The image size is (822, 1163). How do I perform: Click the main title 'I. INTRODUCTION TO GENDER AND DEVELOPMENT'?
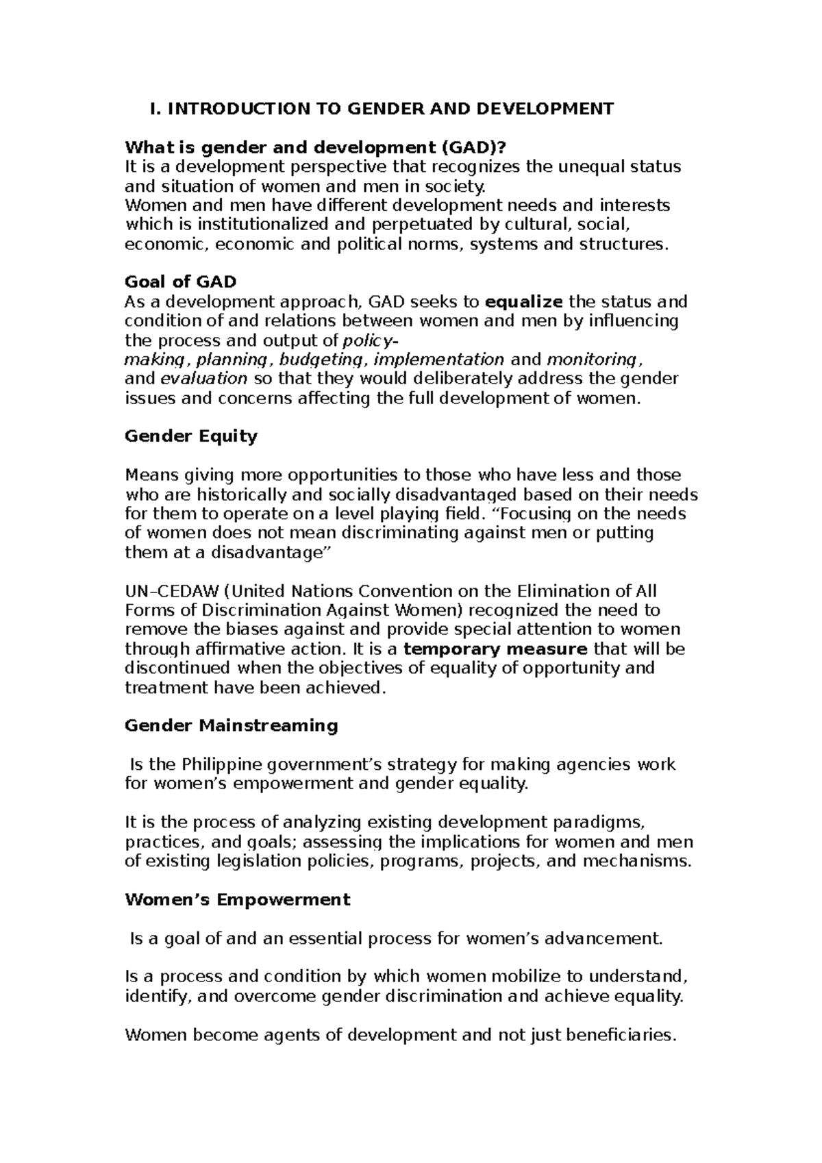tap(382, 108)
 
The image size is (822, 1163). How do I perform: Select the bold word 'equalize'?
tap(524, 302)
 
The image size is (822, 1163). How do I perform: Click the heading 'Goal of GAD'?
tap(180, 282)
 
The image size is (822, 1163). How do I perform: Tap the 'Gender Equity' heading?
tap(191, 436)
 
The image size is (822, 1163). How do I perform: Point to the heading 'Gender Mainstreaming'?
tap(232, 725)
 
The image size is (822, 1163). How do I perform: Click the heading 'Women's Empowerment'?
tap(237, 899)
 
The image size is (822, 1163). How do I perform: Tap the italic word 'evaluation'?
tap(203, 379)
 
